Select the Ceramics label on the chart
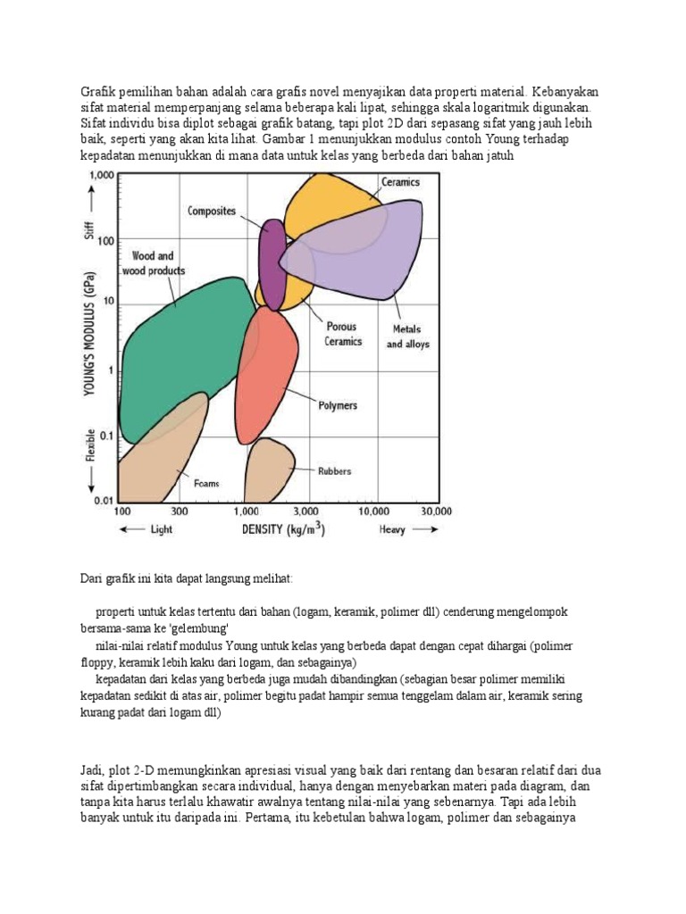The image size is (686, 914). (x=400, y=181)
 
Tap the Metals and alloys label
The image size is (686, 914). (x=407, y=337)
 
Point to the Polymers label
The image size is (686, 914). (x=338, y=405)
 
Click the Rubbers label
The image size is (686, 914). (x=335, y=470)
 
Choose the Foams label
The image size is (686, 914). (x=206, y=483)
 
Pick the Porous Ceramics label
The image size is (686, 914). (x=343, y=335)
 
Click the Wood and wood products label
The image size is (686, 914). (x=154, y=262)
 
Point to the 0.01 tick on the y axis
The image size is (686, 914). (x=104, y=501)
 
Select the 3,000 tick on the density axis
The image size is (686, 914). (x=305, y=511)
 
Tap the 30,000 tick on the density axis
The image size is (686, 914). (x=437, y=511)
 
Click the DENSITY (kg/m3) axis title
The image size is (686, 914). (x=283, y=529)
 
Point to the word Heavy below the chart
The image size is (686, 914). (x=391, y=530)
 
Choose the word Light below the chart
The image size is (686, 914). (x=161, y=530)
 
